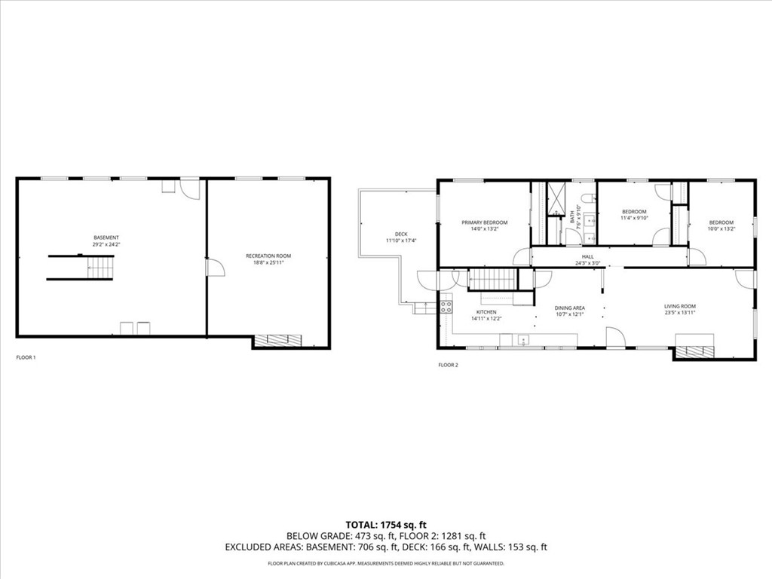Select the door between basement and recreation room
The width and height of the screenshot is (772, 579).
(x=214, y=268)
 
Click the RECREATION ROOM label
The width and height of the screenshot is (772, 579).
(x=268, y=256)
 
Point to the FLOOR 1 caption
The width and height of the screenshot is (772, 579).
(x=26, y=357)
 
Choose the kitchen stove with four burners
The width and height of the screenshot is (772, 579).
(x=446, y=307)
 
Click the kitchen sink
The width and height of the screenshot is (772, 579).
(x=521, y=342)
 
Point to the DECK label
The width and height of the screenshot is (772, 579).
(x=401, y=234)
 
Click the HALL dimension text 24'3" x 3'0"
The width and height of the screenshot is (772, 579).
(x=587, y=263)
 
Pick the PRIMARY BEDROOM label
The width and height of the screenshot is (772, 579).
(x=484, y=222)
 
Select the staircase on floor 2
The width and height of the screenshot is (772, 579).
(x=491, y=280)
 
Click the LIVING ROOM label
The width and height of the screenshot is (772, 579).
(x=679, y=306)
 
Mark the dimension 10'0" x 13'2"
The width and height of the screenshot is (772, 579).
(x=721, y=228)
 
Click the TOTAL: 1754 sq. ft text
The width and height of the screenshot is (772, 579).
(x=386, y=524)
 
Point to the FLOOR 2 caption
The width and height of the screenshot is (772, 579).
(x=448, y=365)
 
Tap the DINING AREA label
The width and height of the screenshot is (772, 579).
(x=569, y=308)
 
